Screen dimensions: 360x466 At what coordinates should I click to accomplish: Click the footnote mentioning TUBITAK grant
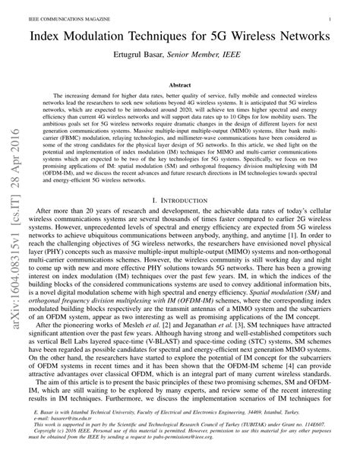click(182, 433)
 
